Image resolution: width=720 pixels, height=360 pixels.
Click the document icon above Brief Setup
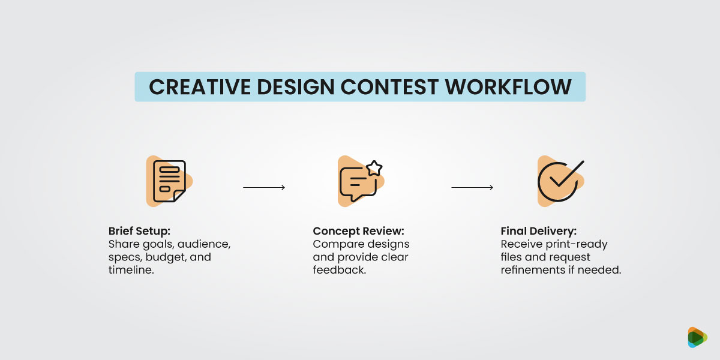[169, 181]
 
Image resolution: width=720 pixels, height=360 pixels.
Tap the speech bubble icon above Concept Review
[359, 183]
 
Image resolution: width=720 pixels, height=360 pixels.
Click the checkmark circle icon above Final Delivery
[558, 181]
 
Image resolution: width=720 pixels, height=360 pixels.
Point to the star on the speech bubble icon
[374, 167]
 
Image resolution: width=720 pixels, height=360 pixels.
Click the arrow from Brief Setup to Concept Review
[264, 188]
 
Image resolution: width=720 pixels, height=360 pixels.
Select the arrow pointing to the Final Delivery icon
[472, 188]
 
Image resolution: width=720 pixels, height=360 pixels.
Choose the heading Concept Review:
[359, 232]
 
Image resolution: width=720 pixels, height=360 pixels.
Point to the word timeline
[128, 270]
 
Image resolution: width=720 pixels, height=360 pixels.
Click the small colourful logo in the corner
[697, 337]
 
